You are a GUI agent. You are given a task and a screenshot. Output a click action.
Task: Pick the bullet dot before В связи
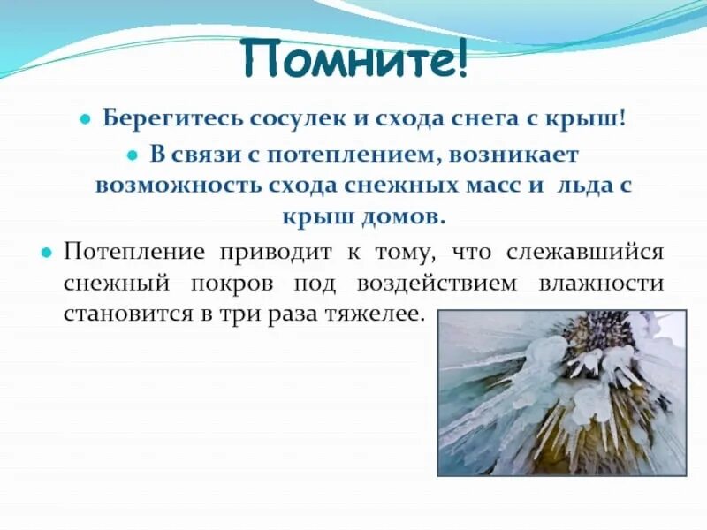tap(132, 155)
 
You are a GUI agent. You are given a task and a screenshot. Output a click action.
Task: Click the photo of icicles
tap(562, 392)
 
